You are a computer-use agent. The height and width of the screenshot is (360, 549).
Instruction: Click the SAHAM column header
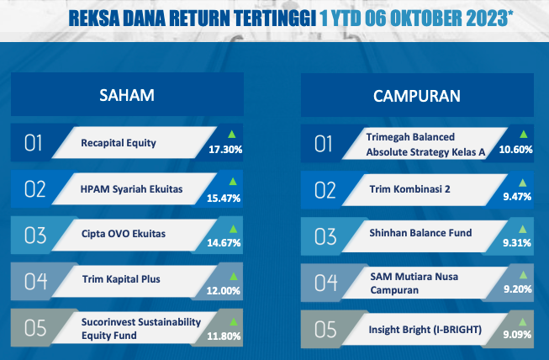127,95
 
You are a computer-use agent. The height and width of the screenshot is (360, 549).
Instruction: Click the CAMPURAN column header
417,96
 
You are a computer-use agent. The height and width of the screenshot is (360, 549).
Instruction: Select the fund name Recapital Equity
119,143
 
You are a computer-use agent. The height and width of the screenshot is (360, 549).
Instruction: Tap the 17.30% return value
225,150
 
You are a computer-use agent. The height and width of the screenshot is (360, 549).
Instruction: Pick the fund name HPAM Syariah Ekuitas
131,189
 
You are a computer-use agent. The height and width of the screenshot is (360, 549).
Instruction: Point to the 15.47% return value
224,199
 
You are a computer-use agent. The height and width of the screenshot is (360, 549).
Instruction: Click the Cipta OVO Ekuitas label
124,234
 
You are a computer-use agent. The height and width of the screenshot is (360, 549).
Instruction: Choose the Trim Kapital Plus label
121,279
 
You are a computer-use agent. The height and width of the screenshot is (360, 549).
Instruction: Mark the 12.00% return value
224,291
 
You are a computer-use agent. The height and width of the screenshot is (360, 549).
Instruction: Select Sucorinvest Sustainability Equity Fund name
141,329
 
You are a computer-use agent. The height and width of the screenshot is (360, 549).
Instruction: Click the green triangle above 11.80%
233,321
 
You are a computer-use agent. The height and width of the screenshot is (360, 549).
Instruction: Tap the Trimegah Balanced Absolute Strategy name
425,145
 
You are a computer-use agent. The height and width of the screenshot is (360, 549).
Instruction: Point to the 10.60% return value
515,150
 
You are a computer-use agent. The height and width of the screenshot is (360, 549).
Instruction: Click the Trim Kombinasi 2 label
409,189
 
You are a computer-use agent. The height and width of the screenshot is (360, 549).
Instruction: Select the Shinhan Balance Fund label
420,233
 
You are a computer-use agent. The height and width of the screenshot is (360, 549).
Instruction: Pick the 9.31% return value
517,243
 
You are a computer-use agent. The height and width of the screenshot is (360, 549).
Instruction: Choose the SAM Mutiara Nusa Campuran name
414,283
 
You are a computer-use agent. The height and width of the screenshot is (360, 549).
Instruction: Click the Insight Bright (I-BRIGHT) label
425,330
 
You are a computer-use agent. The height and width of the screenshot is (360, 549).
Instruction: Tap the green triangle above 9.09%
523,322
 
